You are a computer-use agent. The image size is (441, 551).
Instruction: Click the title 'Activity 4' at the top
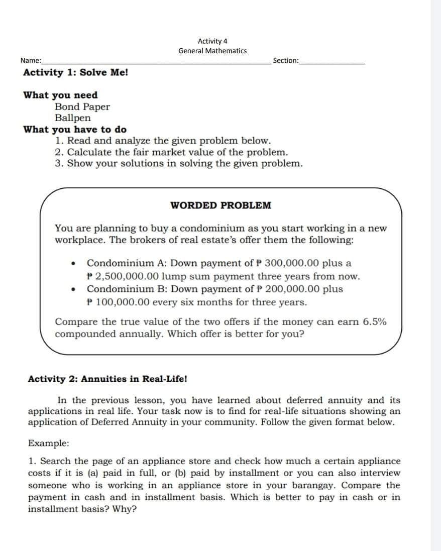tap(212, 41)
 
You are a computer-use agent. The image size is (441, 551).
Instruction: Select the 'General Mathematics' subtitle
tap(212, 51)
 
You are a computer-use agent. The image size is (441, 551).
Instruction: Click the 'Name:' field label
tap(31, 61)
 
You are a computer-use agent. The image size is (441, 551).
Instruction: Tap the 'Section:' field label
tap(285, 61)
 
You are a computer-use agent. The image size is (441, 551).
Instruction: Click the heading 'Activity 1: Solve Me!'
tap(75, 72)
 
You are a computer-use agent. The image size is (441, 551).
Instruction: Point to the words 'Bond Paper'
tap(82, 106)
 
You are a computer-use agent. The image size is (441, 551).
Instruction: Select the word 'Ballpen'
tap(73, 118)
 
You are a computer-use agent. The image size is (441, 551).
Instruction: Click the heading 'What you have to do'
tap(75, 130)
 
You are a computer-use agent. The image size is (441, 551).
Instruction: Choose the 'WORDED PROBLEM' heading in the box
tap(220, 205)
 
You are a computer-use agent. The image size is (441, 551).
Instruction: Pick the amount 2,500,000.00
tap(135, 276)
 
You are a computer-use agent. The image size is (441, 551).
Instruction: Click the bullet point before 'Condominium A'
tap(74, 263)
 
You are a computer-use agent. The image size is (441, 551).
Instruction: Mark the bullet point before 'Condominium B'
tap(74, 289)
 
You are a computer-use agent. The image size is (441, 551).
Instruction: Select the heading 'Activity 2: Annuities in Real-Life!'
tap(107, 379)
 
